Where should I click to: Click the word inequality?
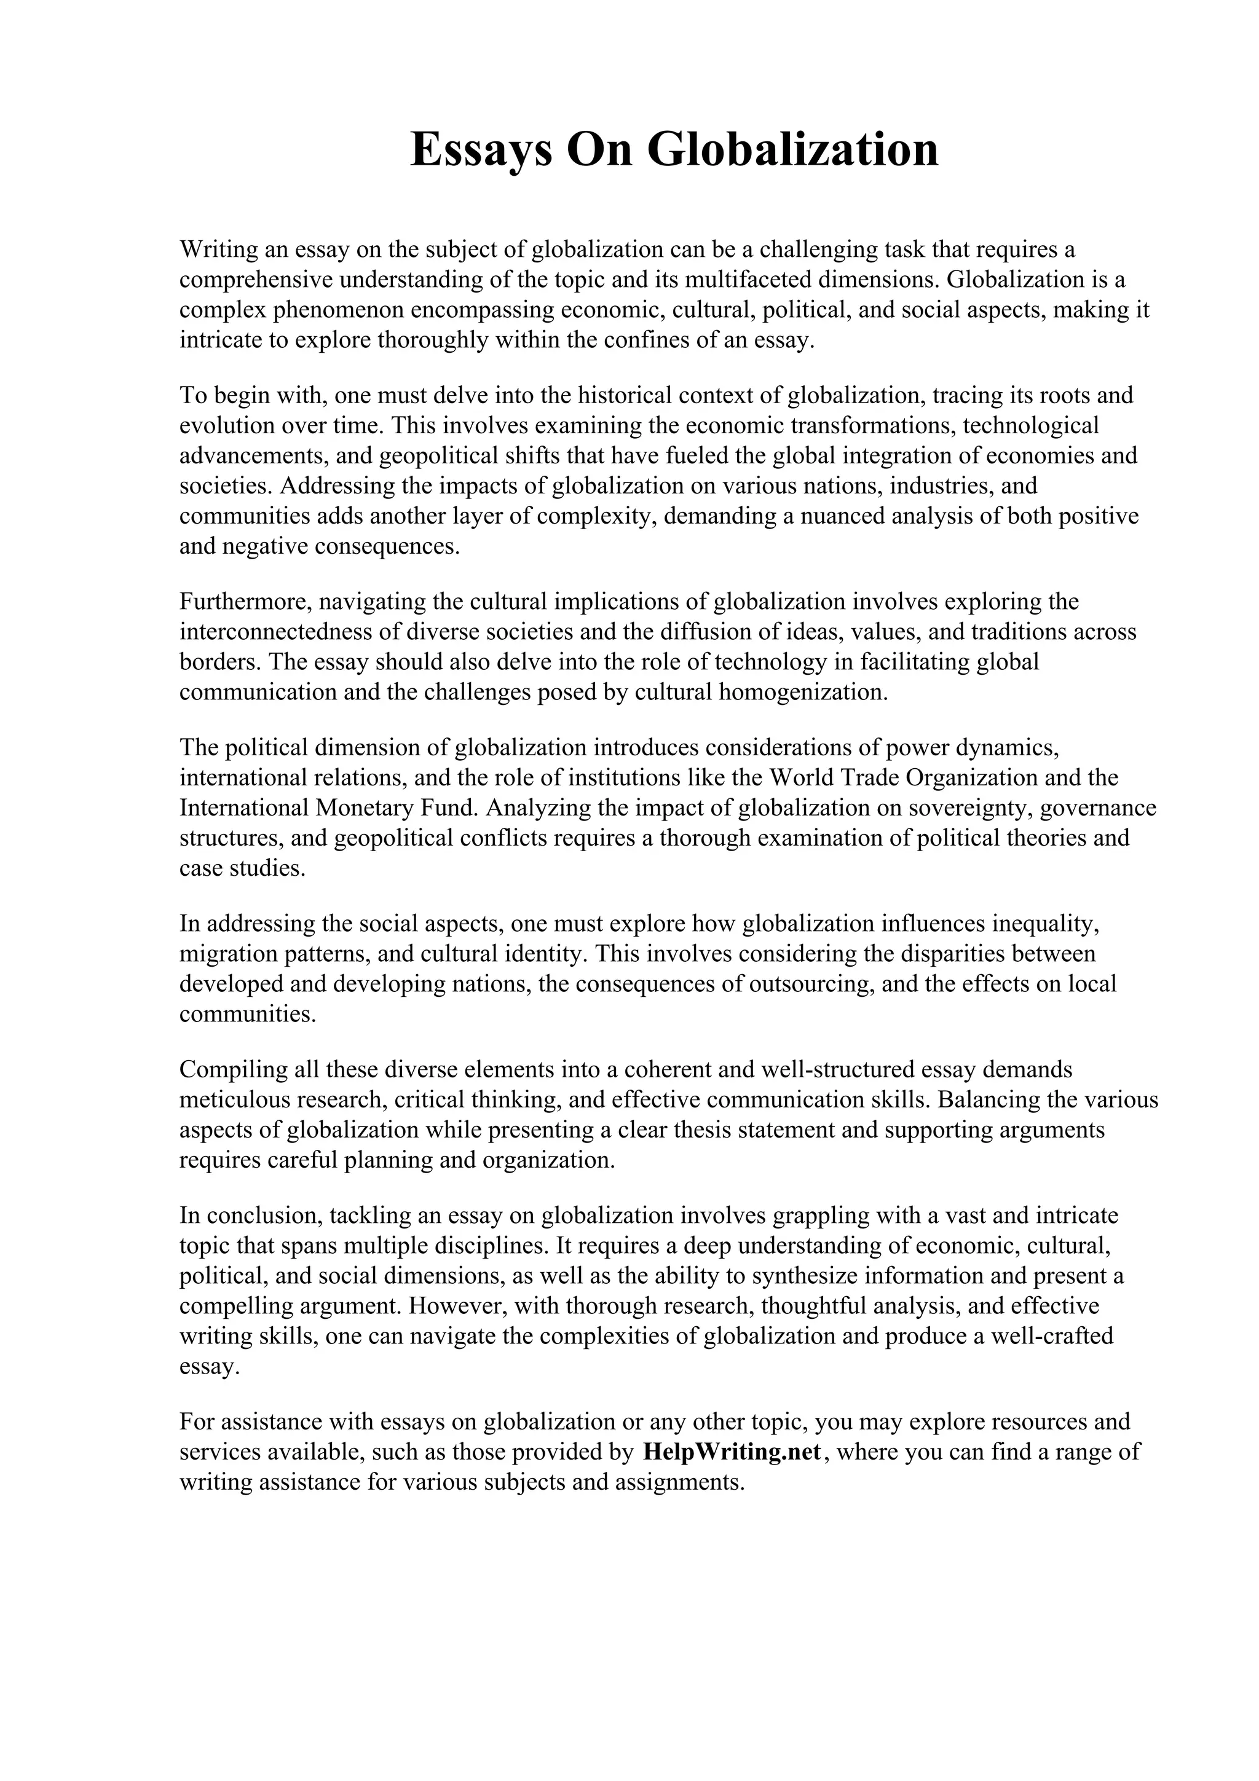pos(1043,923)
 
